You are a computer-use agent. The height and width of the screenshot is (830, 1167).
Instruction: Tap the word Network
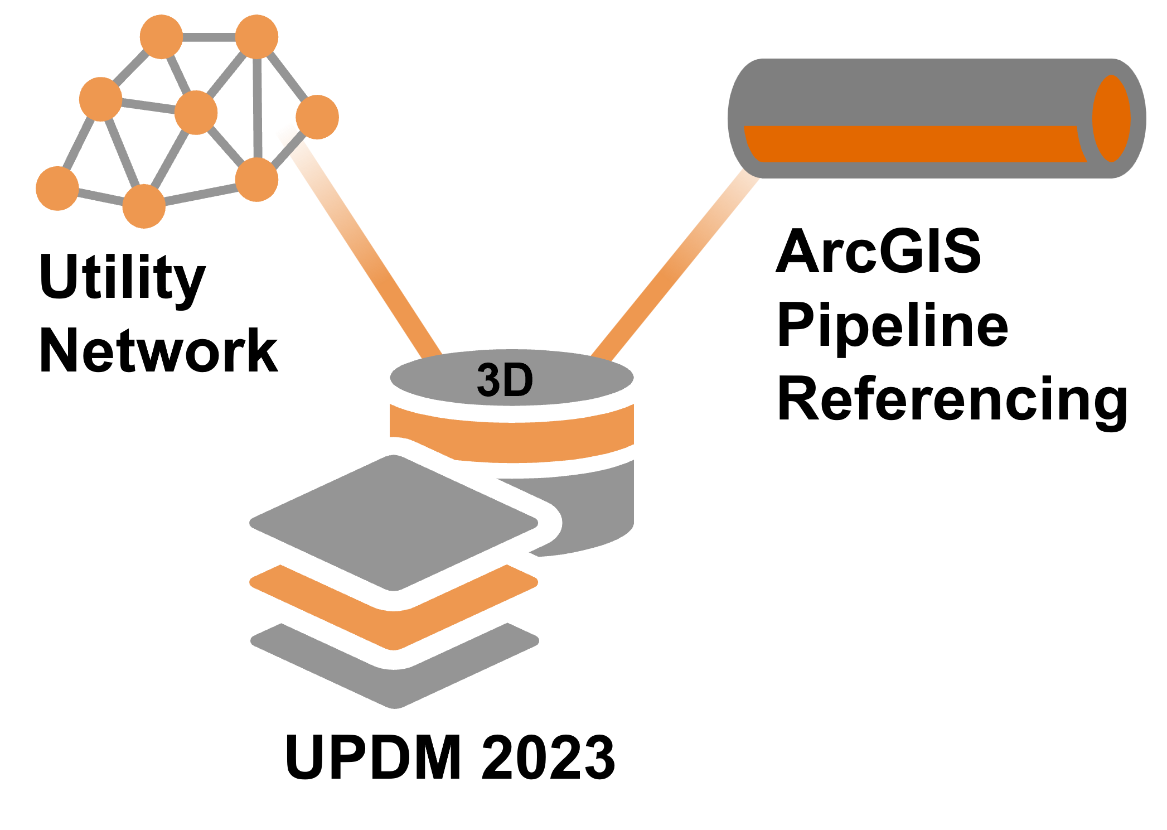[x=159, y=351]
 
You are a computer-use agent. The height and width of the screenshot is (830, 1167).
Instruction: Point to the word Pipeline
[x=893, y=328]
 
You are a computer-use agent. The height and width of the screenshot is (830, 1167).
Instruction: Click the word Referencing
[x=952, y=402]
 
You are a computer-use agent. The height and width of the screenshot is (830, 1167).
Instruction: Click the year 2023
[x=548, y=757]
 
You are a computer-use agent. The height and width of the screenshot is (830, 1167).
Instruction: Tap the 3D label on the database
[x=505, y=380]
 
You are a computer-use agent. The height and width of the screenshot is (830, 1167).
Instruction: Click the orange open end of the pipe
[x=1111, y=118]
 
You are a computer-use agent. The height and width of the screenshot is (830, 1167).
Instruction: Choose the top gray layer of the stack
[x=394, y=523]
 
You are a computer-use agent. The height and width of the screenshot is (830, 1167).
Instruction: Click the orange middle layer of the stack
[x=394, y=607]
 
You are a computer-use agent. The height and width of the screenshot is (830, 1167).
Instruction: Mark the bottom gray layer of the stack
[x=395, y=665]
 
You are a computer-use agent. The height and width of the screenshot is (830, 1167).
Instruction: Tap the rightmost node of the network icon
[x=317, y=117]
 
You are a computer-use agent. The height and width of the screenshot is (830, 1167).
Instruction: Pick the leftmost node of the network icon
[x=57, y=188]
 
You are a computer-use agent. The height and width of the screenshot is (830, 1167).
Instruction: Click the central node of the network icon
[x=196, y=113]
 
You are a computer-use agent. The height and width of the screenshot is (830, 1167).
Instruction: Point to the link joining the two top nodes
[x=209, y=37]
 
